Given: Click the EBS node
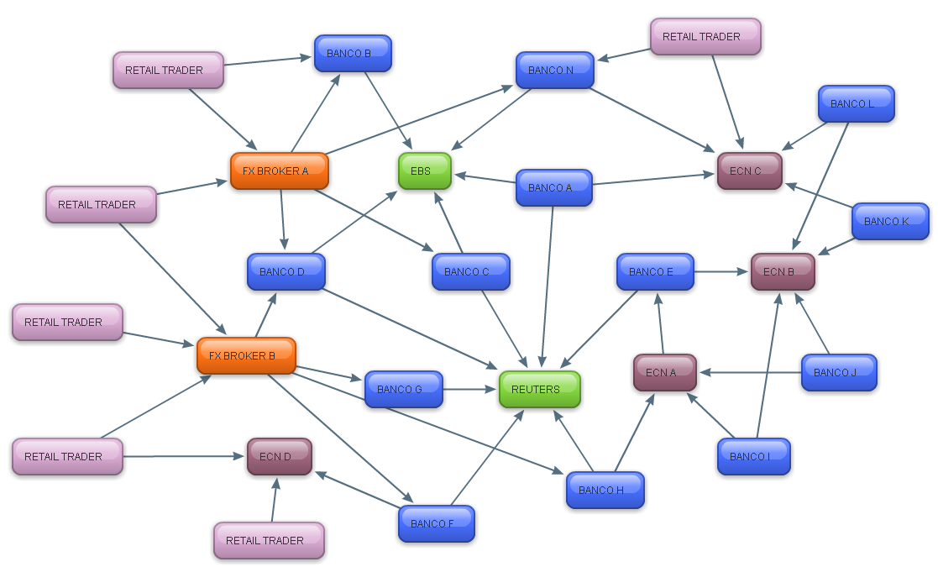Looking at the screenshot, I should (x=424, y=171).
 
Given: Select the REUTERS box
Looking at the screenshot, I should (x=539, y=389).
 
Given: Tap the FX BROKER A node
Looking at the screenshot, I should (x=279, y=171).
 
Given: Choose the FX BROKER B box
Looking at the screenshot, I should (x=246, y=355).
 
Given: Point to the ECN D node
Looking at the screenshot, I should (x=279, y=456).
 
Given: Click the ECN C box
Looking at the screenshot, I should (x=749, y=171).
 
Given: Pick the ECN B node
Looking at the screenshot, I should (x=783, y=271).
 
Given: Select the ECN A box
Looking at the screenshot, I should (x=664, y=372).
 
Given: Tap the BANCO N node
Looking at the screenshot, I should (x=554, y=70).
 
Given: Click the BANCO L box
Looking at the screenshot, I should (x=856, y=103).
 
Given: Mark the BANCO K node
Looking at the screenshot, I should (x=890, y=221).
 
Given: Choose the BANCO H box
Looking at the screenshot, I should (x=605, y=490).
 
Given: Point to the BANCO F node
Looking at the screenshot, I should (x=436, y=523).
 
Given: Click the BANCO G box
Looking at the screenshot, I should (x=403, y=389).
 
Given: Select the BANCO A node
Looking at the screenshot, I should (x=553, y=187).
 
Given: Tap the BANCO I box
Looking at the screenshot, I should (x=753, y=456).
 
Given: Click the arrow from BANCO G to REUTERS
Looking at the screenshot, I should (x=470, y=389).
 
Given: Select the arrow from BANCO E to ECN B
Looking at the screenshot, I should (x=722, y=271).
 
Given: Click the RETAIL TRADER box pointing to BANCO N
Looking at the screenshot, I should (x=705, y=36).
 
